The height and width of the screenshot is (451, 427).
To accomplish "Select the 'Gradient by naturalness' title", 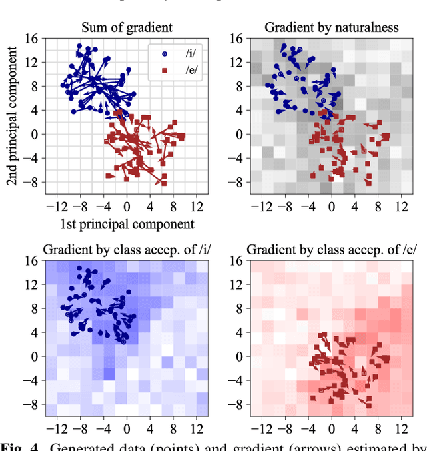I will (x=331, y=27).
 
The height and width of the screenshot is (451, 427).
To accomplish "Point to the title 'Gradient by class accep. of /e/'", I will (x=332, y=250).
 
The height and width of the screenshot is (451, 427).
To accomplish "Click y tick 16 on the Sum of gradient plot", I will (x=31, y=39).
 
